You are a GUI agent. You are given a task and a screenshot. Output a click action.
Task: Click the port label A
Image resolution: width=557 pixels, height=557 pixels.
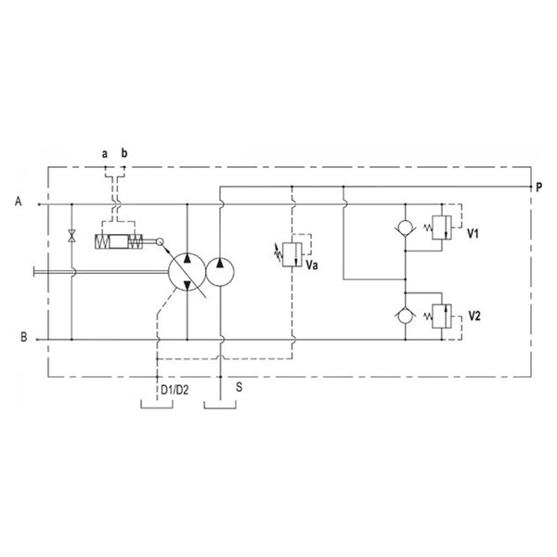coord(19,201)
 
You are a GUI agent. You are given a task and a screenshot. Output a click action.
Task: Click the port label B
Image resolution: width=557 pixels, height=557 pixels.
coord(24,336)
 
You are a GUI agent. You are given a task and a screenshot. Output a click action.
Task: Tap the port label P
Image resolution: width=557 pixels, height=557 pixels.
coord(538,188)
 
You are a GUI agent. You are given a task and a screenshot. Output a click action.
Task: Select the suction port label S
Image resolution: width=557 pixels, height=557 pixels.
coord(240,387)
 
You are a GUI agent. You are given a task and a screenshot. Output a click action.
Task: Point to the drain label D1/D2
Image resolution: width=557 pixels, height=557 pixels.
coord(175,390)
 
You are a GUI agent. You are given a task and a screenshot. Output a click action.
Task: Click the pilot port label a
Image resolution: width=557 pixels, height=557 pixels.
coord(104,154)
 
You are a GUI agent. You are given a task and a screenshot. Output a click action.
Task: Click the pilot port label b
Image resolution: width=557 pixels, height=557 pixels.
coord(124,153)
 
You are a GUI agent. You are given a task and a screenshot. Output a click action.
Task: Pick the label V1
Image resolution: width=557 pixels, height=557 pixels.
coord(473,233)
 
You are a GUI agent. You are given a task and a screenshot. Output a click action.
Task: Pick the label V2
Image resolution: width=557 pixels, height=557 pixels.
coord(474,316)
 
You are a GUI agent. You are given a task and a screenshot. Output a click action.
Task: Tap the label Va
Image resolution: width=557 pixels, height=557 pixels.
coord(312,265)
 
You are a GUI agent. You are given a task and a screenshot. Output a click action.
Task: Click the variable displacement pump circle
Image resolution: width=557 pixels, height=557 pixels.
coord(188,272)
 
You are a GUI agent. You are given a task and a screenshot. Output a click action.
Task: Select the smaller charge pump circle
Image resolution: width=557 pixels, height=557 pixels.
coord(220,272)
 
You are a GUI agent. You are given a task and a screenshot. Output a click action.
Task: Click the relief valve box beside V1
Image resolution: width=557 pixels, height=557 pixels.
coord(442,227)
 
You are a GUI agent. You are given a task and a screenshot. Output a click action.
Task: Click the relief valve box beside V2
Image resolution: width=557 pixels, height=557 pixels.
coord(442,317)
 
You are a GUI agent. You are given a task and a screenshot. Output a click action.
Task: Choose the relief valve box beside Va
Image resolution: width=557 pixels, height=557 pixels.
coord(292,254)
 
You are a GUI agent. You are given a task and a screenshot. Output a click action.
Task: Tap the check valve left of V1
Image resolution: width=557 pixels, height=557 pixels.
coord(406,227)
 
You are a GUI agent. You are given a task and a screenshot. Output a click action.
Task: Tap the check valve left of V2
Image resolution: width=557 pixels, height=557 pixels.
coord(406,316)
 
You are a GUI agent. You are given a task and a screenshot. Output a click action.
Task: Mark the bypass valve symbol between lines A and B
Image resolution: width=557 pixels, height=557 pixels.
coord(71,236)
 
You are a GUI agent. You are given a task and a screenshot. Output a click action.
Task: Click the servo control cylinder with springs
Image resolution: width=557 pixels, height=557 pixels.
coord(119,241)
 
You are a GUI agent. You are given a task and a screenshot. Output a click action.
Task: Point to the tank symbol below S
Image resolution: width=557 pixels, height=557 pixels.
coord(220,405)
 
